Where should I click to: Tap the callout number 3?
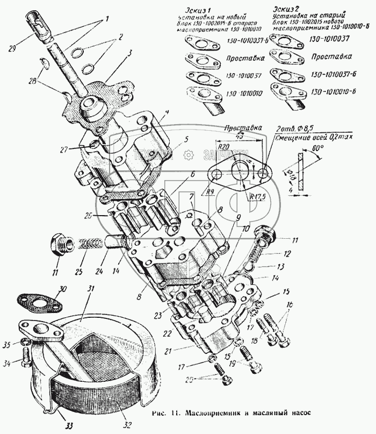tap(129, 54)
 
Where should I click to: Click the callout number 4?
tap(168, 112)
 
